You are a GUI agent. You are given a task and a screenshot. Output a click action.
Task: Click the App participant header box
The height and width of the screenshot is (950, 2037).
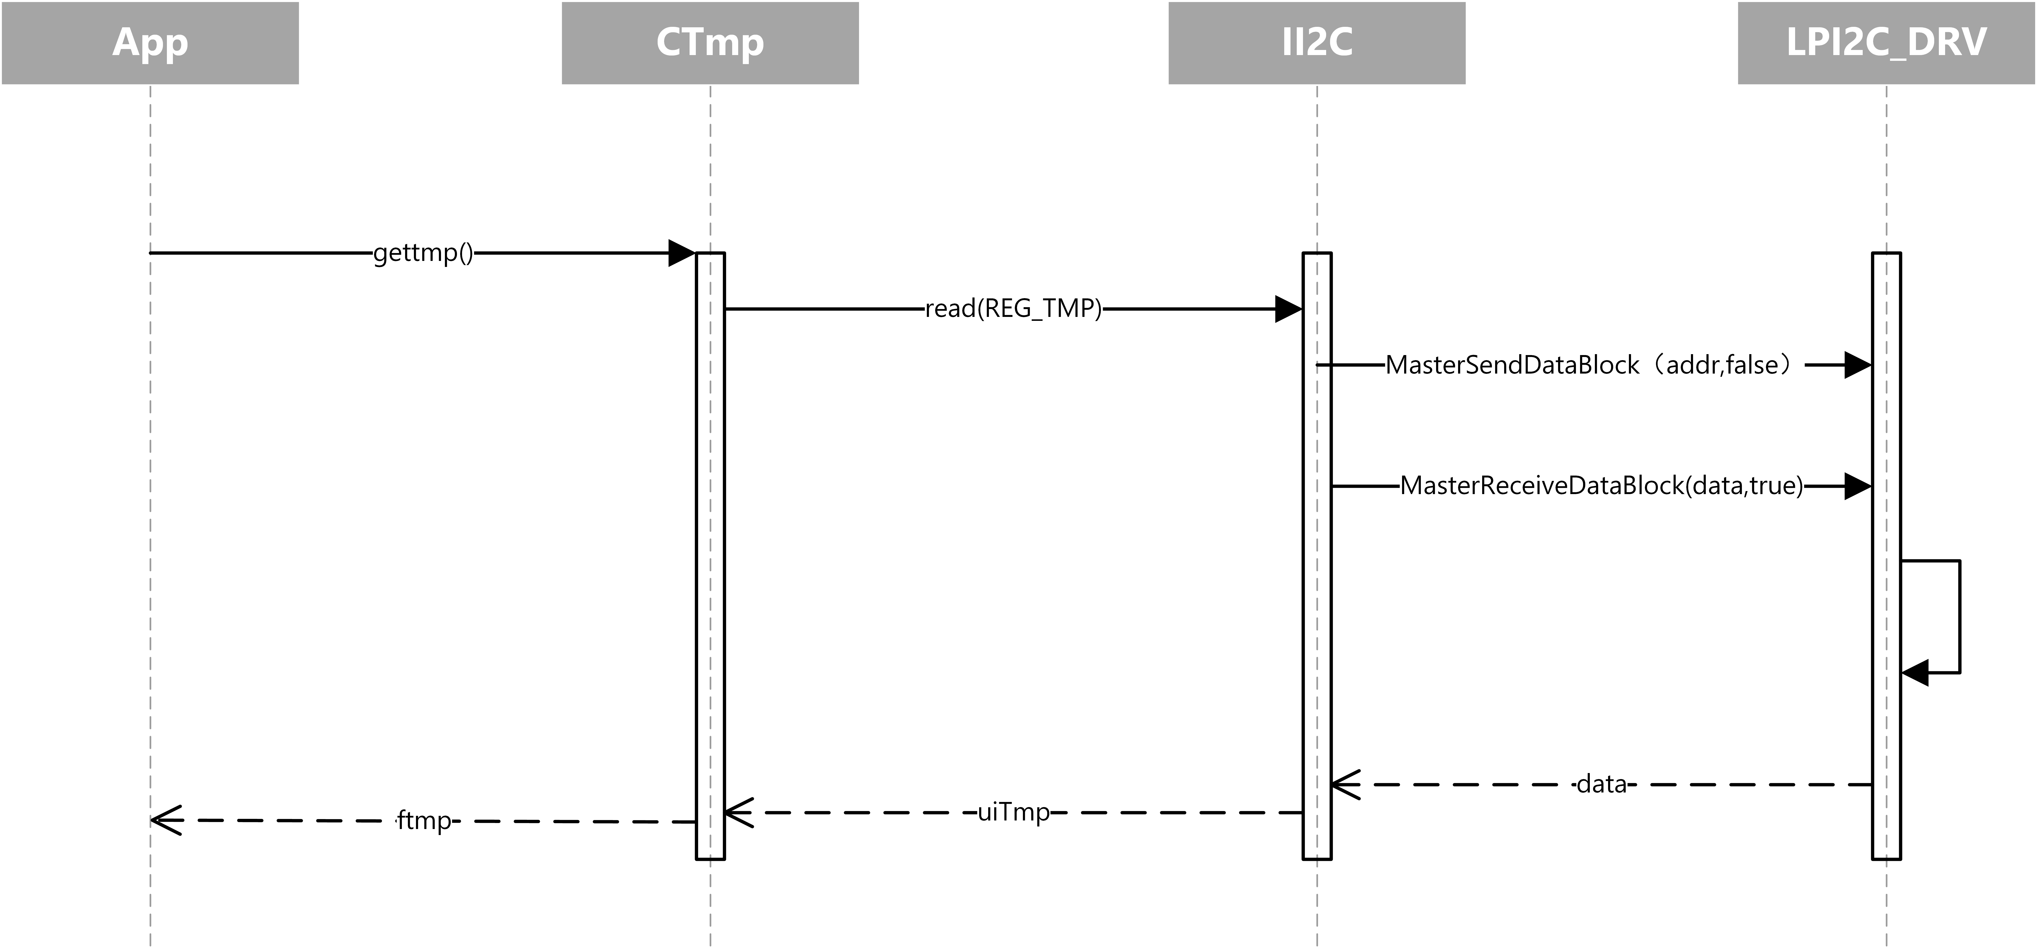(x=150, y=43)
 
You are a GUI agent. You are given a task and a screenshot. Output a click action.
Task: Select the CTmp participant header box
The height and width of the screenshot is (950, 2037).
(x=710, y=43)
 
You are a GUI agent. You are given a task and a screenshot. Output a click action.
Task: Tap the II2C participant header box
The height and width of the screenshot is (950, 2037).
(x=1317, y=43)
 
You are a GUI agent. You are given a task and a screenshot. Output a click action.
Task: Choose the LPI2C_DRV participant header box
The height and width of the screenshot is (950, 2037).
(x=1886, y=43)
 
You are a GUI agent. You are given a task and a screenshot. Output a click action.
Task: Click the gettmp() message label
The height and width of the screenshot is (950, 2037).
(x=423, y=253)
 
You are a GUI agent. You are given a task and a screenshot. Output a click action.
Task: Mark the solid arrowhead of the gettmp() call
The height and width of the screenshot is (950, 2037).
(x=682, y=253)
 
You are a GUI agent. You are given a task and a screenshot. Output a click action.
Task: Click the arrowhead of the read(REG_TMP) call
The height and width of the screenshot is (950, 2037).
(x=1288, y=309)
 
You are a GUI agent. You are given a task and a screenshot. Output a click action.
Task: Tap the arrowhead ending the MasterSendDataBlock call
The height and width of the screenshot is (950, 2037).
(x=1858, y=365)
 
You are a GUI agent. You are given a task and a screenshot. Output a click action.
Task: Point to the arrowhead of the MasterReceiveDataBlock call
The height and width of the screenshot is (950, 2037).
(x=1858, y=486)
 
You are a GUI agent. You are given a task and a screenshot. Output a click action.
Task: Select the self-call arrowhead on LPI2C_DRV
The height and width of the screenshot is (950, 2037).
(x=1914, y=673)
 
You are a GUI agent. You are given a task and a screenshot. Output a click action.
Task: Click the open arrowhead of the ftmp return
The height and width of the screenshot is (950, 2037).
(x=165, y=820)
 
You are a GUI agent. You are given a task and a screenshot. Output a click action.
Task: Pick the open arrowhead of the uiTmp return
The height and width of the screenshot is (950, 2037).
(x=738, y=812)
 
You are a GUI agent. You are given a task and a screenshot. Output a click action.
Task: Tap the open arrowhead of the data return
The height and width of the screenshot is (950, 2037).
(x=1344, y=785)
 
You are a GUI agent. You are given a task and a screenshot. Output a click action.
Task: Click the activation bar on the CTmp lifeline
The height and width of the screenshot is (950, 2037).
(x=710, y=553)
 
